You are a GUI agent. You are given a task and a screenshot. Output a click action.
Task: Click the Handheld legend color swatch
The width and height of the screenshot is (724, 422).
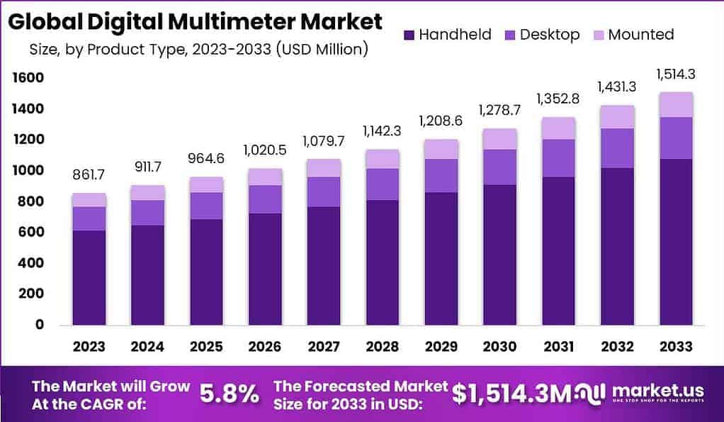tap(409, 35)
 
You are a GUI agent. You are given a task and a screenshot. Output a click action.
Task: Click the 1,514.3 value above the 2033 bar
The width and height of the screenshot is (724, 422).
tap(675, 74)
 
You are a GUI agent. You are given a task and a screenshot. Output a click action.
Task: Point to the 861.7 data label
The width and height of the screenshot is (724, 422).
tap(89, 176)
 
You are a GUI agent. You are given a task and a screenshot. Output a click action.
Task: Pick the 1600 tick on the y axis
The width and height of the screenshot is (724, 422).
tap(28, 78)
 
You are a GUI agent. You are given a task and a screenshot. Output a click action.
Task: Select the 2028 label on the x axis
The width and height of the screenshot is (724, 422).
tap(383, 347)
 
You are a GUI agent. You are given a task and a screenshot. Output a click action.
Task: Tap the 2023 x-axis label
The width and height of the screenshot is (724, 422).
tap(89, 347)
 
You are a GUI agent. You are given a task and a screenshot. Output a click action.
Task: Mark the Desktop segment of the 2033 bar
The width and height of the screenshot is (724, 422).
tap(676, 138)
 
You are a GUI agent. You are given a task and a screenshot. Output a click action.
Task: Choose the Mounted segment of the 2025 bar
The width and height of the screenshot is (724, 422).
tap(206, 184)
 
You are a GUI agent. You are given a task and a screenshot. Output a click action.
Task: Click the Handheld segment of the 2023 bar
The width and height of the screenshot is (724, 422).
tap(89, 277)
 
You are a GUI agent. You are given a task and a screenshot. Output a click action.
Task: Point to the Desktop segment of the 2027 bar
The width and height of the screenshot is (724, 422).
tap(324, 191)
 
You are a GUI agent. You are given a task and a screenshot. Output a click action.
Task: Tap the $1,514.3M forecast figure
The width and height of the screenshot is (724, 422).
tap(511, 394)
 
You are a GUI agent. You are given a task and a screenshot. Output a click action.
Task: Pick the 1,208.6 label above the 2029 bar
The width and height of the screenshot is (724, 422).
tap(441, 121)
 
